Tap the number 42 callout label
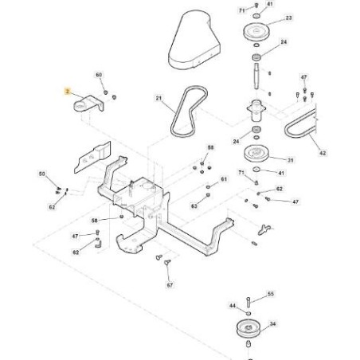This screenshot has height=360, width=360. [323, 152]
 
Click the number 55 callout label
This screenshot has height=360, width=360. [271, 294]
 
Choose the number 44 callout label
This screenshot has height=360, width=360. [232, 306]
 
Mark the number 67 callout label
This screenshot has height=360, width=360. [170, 284]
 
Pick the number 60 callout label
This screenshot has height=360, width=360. [100, 75]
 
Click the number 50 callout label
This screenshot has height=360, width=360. [42, 173]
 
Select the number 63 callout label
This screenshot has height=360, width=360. [194, 205]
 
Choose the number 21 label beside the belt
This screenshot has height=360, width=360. [158, 100]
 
